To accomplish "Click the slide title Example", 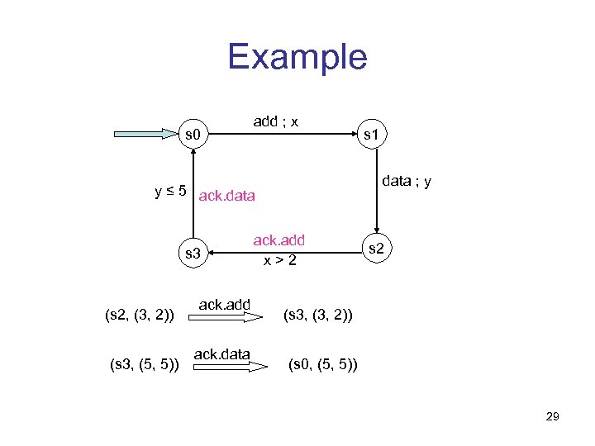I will click(x=297, y=57).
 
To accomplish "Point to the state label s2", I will click(x=375, y=247).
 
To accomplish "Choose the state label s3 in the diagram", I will click(x=193, y=253).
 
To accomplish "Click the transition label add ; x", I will click(x=276, y=121).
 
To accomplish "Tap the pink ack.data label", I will click(x=227, y=197).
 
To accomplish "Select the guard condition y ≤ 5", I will click(x=171, y=191).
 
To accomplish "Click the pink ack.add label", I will click(x=278, y=240).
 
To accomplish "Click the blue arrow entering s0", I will click(x=145, y=133).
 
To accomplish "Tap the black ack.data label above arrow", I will click(x=221, y=354).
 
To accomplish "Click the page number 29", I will click(x=553, y=417).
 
